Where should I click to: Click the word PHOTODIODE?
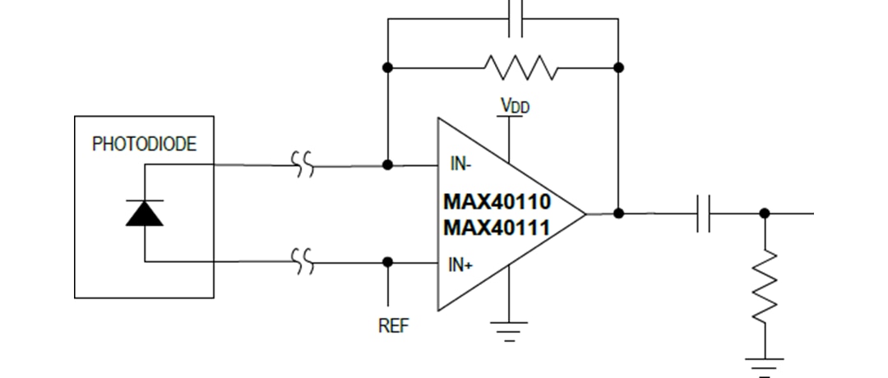click(144, 145)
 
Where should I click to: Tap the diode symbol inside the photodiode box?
click(145, 213)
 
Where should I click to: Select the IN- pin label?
click(460, 164)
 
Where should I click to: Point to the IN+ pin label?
click(460, 265)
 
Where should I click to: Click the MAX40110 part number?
click(497, 202)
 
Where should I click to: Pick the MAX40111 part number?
click(497, 228)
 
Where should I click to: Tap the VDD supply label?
click(515, 106)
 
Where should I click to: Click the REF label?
click(392, 325)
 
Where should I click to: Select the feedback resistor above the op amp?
click(520, 67)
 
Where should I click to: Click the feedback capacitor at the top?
click(516, 18)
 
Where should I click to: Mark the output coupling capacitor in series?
click(703, 214)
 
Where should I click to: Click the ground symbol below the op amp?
click(509, 330)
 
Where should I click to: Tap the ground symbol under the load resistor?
click(765, 365)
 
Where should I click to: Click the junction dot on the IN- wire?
click(388, 164)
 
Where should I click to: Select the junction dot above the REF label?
click(388, 262)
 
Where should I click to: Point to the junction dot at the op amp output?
click(619, 214)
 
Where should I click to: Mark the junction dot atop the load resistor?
click(765, 214)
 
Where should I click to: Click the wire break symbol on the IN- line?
click(303, 164)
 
